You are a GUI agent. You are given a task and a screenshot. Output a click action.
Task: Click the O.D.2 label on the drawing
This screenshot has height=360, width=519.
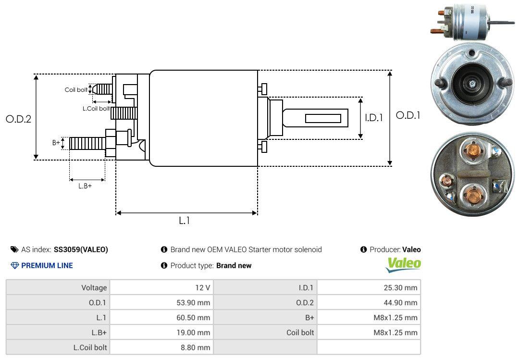coord(19,119)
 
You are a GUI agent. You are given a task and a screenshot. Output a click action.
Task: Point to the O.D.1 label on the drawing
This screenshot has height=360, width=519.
coord(408,115)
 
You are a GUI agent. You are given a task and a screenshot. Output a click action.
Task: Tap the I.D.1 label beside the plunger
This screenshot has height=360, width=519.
coord(374,118)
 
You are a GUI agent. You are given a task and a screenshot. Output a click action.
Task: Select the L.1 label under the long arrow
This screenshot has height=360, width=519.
coord(185,221)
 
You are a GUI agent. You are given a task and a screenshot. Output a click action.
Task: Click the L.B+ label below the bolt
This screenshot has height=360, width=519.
coord(85,186)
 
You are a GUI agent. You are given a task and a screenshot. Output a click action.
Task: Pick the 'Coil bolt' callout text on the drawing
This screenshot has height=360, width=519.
coord(76,90)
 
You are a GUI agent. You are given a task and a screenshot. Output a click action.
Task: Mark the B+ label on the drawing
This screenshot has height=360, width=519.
coord(56,142)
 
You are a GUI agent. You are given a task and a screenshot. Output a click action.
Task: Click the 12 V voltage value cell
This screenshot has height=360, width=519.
coord(203,287)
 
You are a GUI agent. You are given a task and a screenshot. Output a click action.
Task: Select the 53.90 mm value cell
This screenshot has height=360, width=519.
coord(193,303)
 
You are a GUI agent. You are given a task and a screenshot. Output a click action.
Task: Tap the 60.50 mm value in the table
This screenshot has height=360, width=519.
coord(193,318)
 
